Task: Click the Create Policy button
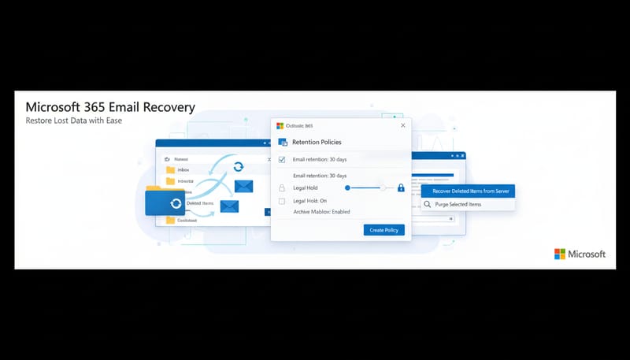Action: tap(384, 230)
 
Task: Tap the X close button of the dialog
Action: tap(402, 125)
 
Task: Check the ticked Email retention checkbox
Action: tap(282, 159)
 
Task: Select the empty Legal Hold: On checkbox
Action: tap(282, 202)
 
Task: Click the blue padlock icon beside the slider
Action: tap(401, 188)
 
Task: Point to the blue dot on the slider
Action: tap(347, 188)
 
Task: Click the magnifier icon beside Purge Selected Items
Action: tap(428, 205)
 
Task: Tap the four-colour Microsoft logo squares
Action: tap(560, 254)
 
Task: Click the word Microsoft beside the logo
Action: tap(587, 254)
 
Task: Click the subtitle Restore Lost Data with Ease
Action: tap(73, 121)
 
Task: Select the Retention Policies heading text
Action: tap(317, 143)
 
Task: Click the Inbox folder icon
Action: tap(170, 169)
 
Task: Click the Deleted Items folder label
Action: tap(199, 203)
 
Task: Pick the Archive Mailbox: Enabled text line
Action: tap(321, 212)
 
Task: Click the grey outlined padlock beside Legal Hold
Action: tap(282, 188)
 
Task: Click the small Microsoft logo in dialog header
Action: tap(280, 125)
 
